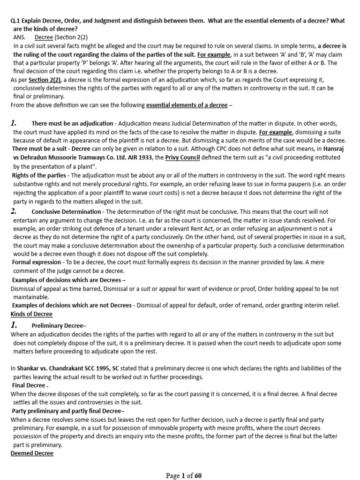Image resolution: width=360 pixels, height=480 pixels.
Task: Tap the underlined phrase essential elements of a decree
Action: [187, 105]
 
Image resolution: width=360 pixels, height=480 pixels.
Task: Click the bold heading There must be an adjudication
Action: [72, 123]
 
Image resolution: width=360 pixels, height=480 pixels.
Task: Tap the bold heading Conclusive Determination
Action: [66, 212]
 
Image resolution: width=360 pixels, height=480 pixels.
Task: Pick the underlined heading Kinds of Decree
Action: [31, 314]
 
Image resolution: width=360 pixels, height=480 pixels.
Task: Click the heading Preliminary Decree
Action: [52, 326]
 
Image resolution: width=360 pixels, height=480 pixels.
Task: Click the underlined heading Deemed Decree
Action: [32, 453]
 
